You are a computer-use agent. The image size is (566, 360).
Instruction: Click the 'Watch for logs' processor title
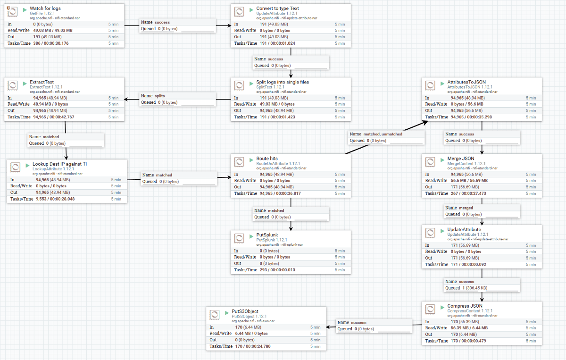45,8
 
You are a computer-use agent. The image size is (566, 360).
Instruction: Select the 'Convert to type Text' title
277,8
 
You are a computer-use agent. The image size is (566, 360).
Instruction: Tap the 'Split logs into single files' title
283,82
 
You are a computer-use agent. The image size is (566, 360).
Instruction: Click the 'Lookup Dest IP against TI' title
59,164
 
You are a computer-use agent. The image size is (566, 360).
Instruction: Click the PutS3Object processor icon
215,314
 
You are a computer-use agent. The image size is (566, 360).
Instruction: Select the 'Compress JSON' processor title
465,306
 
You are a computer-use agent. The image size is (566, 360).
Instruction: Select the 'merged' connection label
466,208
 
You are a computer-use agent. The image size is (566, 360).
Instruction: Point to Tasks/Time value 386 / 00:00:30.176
50,43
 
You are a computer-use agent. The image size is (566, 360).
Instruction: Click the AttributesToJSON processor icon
430,85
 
